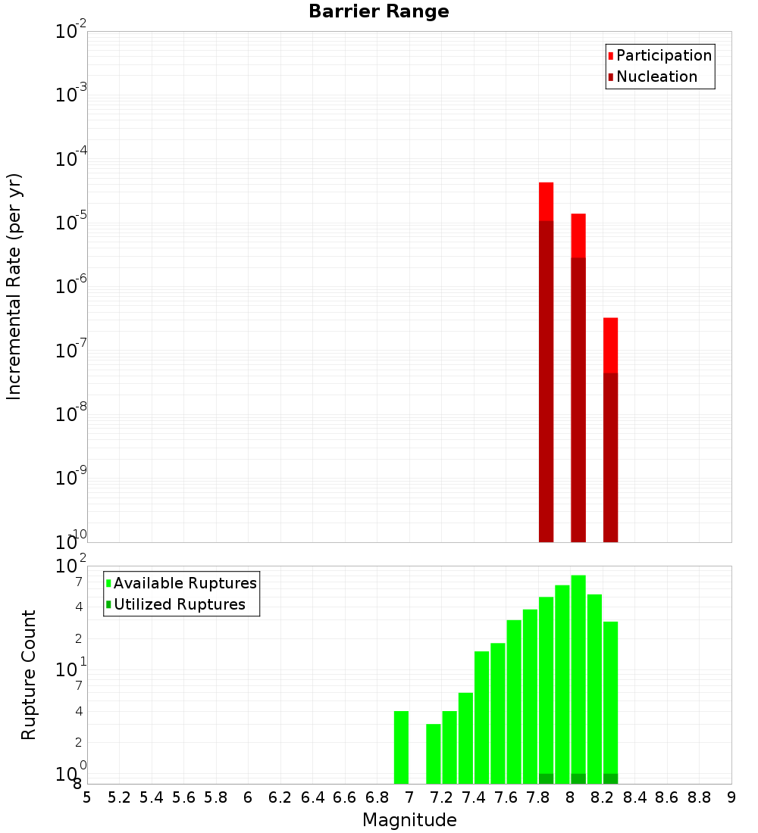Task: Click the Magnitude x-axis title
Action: [409, 820]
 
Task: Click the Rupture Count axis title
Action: [29, 674]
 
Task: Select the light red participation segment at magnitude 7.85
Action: [546, 201]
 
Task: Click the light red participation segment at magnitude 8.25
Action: [610, 345]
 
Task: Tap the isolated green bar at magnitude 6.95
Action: [401, 747]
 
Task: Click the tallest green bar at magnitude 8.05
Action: [578, 674]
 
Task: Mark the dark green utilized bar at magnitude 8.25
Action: [610, 778]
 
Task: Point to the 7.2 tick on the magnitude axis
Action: [442, 797]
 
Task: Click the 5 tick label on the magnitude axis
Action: [87, 797]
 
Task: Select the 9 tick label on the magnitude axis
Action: [731, 797]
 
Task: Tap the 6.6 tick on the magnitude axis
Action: [345, 797]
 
